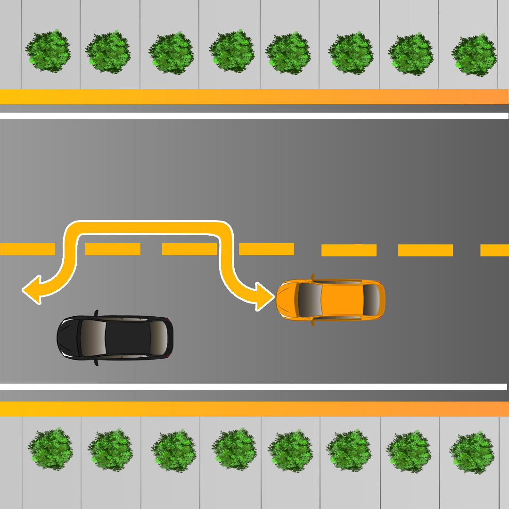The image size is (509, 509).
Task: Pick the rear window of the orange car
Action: pos(371,300)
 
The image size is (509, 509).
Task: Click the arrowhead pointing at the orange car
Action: pos(264,296)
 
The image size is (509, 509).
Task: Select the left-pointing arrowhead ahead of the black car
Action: pos(32,289)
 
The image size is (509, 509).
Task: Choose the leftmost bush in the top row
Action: pos(48,51)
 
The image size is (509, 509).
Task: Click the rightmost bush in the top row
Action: pos(474,54)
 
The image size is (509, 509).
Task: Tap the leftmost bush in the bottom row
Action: pos(50,448)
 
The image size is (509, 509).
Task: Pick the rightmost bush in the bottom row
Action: pos(472,452)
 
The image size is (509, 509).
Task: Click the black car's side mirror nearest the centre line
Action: pos(96,313)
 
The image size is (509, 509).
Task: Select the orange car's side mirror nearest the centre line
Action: pos(312,277)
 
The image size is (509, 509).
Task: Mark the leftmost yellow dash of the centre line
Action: pos(27,249)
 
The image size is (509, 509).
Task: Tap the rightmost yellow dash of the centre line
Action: pos(494,250)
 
